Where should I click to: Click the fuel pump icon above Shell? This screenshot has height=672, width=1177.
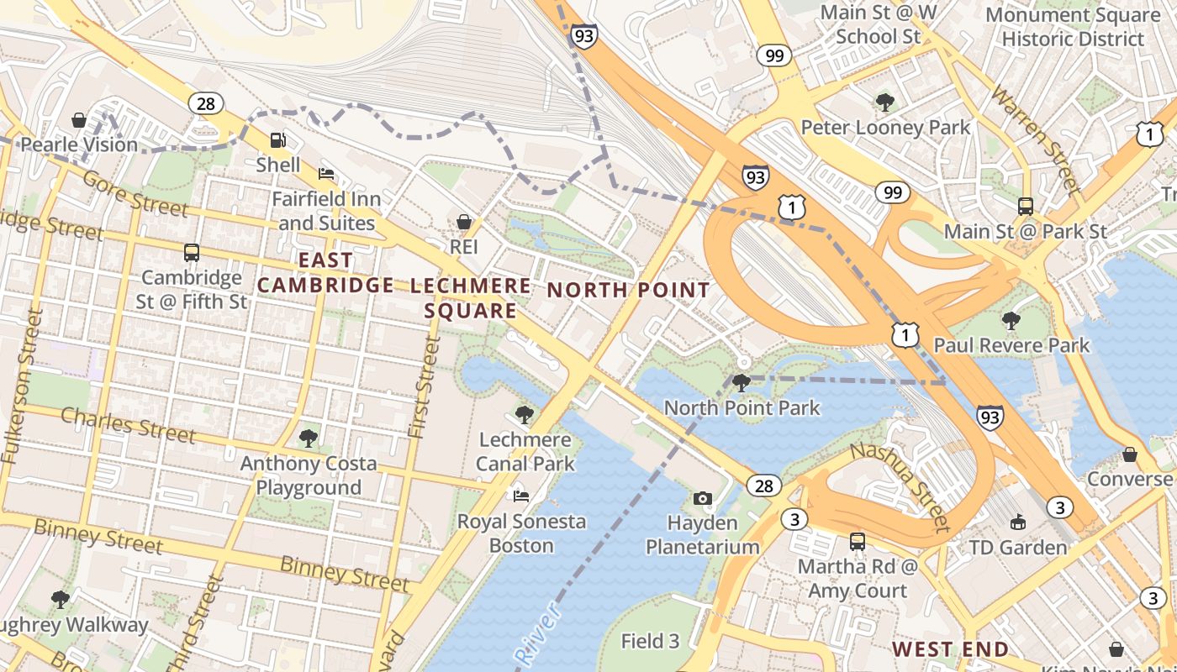[277, 140]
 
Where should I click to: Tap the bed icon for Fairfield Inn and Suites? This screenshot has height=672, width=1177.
[326, 174]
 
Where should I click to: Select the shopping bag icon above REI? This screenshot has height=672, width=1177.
[463, 222]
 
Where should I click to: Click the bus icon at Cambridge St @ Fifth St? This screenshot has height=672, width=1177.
[192, 252]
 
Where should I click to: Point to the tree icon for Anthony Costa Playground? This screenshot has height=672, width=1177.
[308, 438]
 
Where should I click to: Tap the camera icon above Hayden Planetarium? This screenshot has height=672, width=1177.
[703, 498]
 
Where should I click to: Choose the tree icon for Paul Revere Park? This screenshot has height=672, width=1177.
[1011, 320]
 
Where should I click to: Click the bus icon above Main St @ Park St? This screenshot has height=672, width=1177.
[1025, 206]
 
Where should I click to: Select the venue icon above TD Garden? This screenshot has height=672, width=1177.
[1018, 522]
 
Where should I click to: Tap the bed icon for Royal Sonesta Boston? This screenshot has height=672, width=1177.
[521, 496]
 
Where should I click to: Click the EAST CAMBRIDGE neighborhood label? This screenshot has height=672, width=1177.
[325, 273]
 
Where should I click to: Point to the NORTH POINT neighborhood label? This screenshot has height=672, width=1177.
[628, 291]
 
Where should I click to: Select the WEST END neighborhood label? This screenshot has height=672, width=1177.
[950, 649]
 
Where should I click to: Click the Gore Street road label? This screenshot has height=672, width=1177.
[135, 194]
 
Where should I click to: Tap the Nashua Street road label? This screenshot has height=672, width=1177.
[899, 487]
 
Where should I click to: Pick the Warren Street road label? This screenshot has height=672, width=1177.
[1033, 138]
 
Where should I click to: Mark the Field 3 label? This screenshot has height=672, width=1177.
[650, 642]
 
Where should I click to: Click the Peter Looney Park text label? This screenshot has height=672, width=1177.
[885, 128]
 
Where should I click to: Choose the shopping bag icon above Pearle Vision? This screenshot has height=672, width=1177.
[79, 120]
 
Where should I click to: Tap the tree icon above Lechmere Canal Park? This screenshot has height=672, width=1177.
[524, 414]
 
